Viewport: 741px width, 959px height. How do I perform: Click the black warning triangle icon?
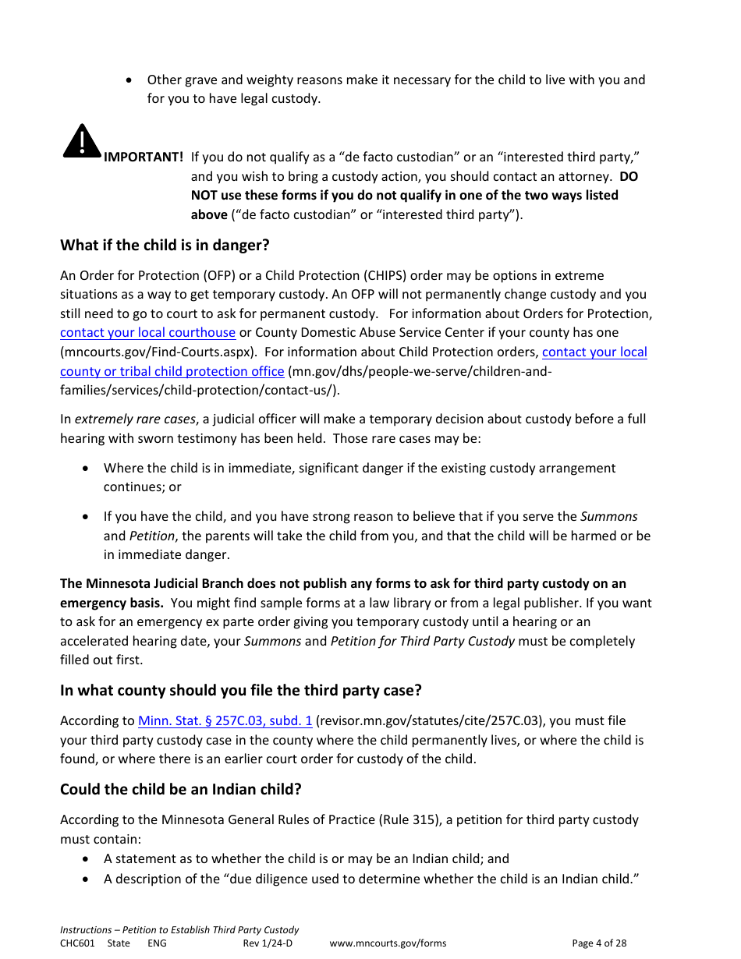[x=82, y=141]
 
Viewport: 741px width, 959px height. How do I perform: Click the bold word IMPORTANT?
[x=144, y=157]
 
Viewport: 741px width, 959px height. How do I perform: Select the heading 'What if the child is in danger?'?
[x=165, y=245]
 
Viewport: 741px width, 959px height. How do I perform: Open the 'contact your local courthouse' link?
[x=147, y=333]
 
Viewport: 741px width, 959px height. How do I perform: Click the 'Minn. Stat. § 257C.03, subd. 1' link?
[x=225, y=721]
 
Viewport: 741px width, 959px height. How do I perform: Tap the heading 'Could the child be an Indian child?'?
[x=180, y=789]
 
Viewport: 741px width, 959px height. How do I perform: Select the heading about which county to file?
[x=240, y=691]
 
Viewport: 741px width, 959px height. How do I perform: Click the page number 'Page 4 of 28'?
[x=599, y=943]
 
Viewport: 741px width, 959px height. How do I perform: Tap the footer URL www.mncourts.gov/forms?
[x=388, y=943]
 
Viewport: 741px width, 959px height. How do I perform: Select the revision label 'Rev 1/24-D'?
[x=268, y=943]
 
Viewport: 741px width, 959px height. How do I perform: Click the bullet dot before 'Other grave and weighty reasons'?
[x=129, y=80]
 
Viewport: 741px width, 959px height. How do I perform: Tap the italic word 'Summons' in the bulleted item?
[x=608, y=517]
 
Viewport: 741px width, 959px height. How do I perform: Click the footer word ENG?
[x=157, y=943]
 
